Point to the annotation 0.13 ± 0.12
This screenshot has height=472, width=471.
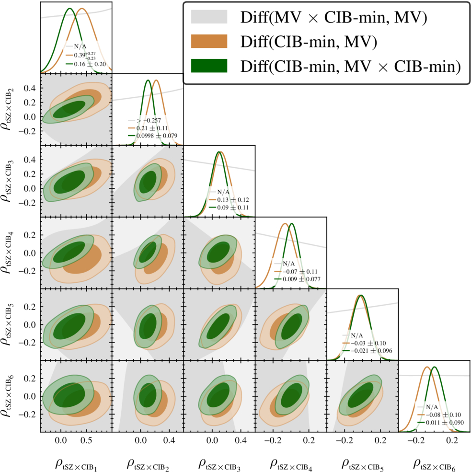230,199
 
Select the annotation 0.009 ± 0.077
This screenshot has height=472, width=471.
298,278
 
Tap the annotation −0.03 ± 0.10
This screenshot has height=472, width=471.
369,343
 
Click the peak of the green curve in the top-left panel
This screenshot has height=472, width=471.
69,9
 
